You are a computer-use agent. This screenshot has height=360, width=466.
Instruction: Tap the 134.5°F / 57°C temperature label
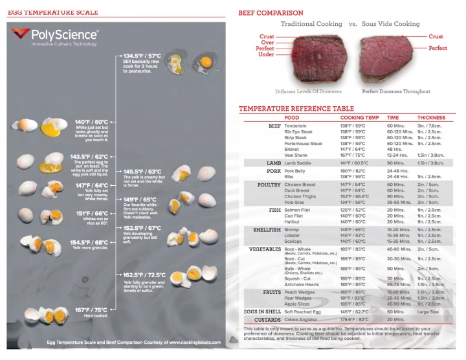[x=142, y=56]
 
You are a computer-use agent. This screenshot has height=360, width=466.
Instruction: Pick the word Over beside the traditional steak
[x=267, y=43]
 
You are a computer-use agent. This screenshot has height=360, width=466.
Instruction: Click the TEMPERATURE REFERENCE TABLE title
[x=296, y=108]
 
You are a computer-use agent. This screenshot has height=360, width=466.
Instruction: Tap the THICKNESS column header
[x=432, y=118]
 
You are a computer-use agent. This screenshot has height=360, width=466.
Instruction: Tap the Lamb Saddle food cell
[x=299, y=163]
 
